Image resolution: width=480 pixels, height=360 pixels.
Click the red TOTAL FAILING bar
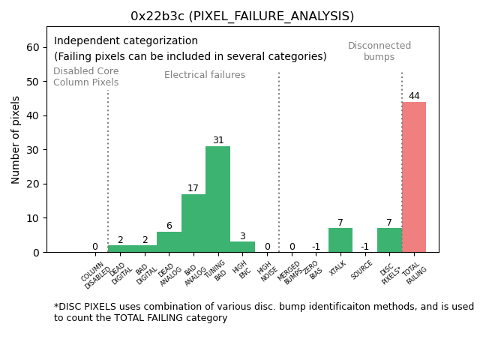point(413,177)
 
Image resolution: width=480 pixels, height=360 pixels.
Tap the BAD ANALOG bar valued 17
point(193,223)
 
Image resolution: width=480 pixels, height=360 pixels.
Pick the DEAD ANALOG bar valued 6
point(169,241)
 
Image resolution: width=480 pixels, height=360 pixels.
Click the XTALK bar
point(340,240)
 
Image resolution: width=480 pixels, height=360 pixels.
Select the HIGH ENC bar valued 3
point(242,247)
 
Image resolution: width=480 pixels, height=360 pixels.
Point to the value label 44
point(414,96)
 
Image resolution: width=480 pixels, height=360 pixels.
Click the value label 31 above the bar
point(217,140)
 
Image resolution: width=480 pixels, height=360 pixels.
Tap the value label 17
point(193,188)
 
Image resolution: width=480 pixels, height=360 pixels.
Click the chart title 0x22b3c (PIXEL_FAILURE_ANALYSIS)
point(242,16)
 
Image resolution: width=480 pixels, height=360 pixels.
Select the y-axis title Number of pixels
point(16,139)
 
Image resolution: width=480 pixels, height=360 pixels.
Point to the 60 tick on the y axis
point(32,47)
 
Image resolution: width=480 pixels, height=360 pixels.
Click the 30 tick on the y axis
point(32,150)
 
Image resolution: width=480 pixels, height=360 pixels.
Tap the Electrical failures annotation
point(205,75)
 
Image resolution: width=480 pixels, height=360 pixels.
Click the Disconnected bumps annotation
point(379,51)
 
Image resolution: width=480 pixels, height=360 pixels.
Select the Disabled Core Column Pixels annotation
point(85,76)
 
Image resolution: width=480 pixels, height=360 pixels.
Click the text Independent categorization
point(126,41)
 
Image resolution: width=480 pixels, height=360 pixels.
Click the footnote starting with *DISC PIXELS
point(263,312)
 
